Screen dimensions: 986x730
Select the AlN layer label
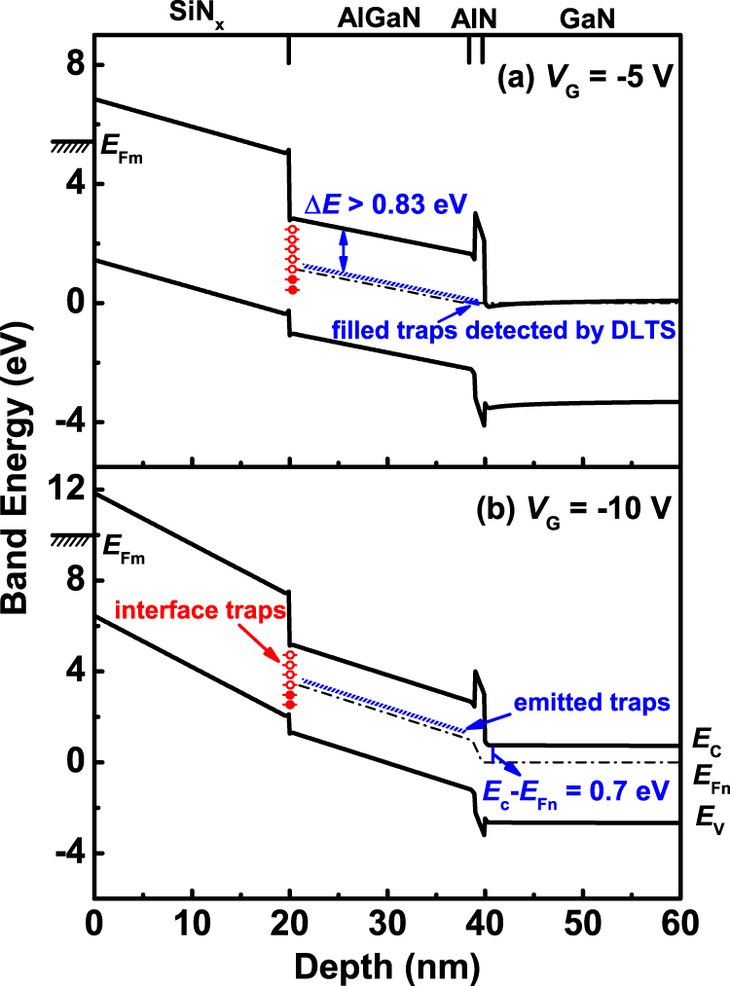click(x=475, y=17)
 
